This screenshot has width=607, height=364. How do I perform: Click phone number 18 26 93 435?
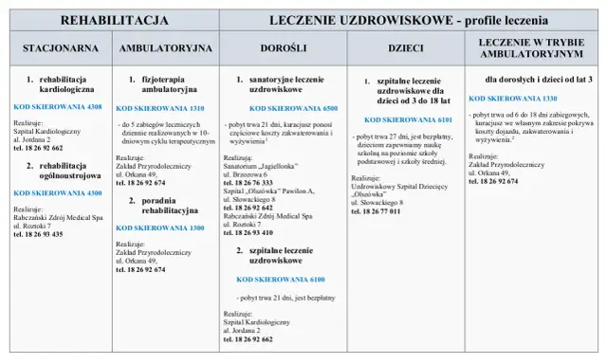coord(40,233)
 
